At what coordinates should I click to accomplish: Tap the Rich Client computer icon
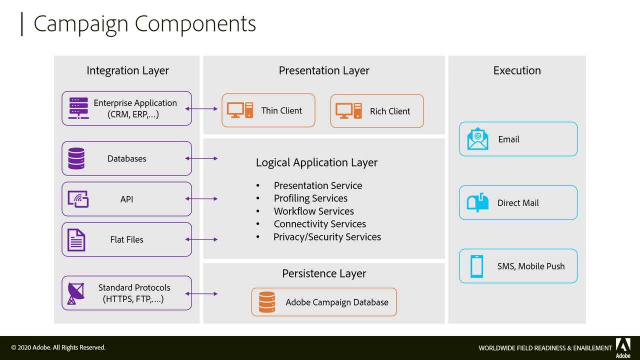pyautogui.click(x=349, y=111)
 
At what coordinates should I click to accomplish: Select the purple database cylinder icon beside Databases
pyautogui.click(x=76, y=158)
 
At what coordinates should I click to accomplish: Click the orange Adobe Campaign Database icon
pyautogui.click(x=267, y=302)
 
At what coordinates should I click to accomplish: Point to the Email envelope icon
pyautogui.click(x=478, y=139)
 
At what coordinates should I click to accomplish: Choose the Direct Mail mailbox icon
pyautogui.click(x=478, y=202)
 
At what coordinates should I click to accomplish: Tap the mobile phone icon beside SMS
pyautogui.click(x=477, y=266)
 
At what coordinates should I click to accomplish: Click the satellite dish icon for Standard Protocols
pyautogui.click(x=76, y=293)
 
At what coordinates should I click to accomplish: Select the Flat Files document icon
pyautogui.click(x=76, y=240)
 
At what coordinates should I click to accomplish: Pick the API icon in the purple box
pyautogui.click(x=78, y=199)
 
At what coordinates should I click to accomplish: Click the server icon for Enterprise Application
pyautogui.click(x=79, y=108)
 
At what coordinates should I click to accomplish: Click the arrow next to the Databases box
pyautogui.click(x=201, y=158)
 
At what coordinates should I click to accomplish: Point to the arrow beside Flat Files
pyautogui.click(x=201, y=239)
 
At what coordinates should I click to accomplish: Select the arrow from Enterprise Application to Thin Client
pyautogui.click(x=201, y=109)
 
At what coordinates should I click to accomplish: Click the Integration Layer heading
pyautogui.click(x=128, y=71)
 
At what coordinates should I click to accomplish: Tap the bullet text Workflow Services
pyautogui.click(x=314, y=211)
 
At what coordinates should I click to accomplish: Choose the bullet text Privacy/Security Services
pyautogui.click(x=327, y=237)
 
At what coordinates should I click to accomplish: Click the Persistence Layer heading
pyautogui.click(x=324, y=273)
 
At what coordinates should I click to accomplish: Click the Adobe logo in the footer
pyautogui.click(x=623, y=347)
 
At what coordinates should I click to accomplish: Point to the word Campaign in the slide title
pyautogui.click(x=81, y=24)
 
